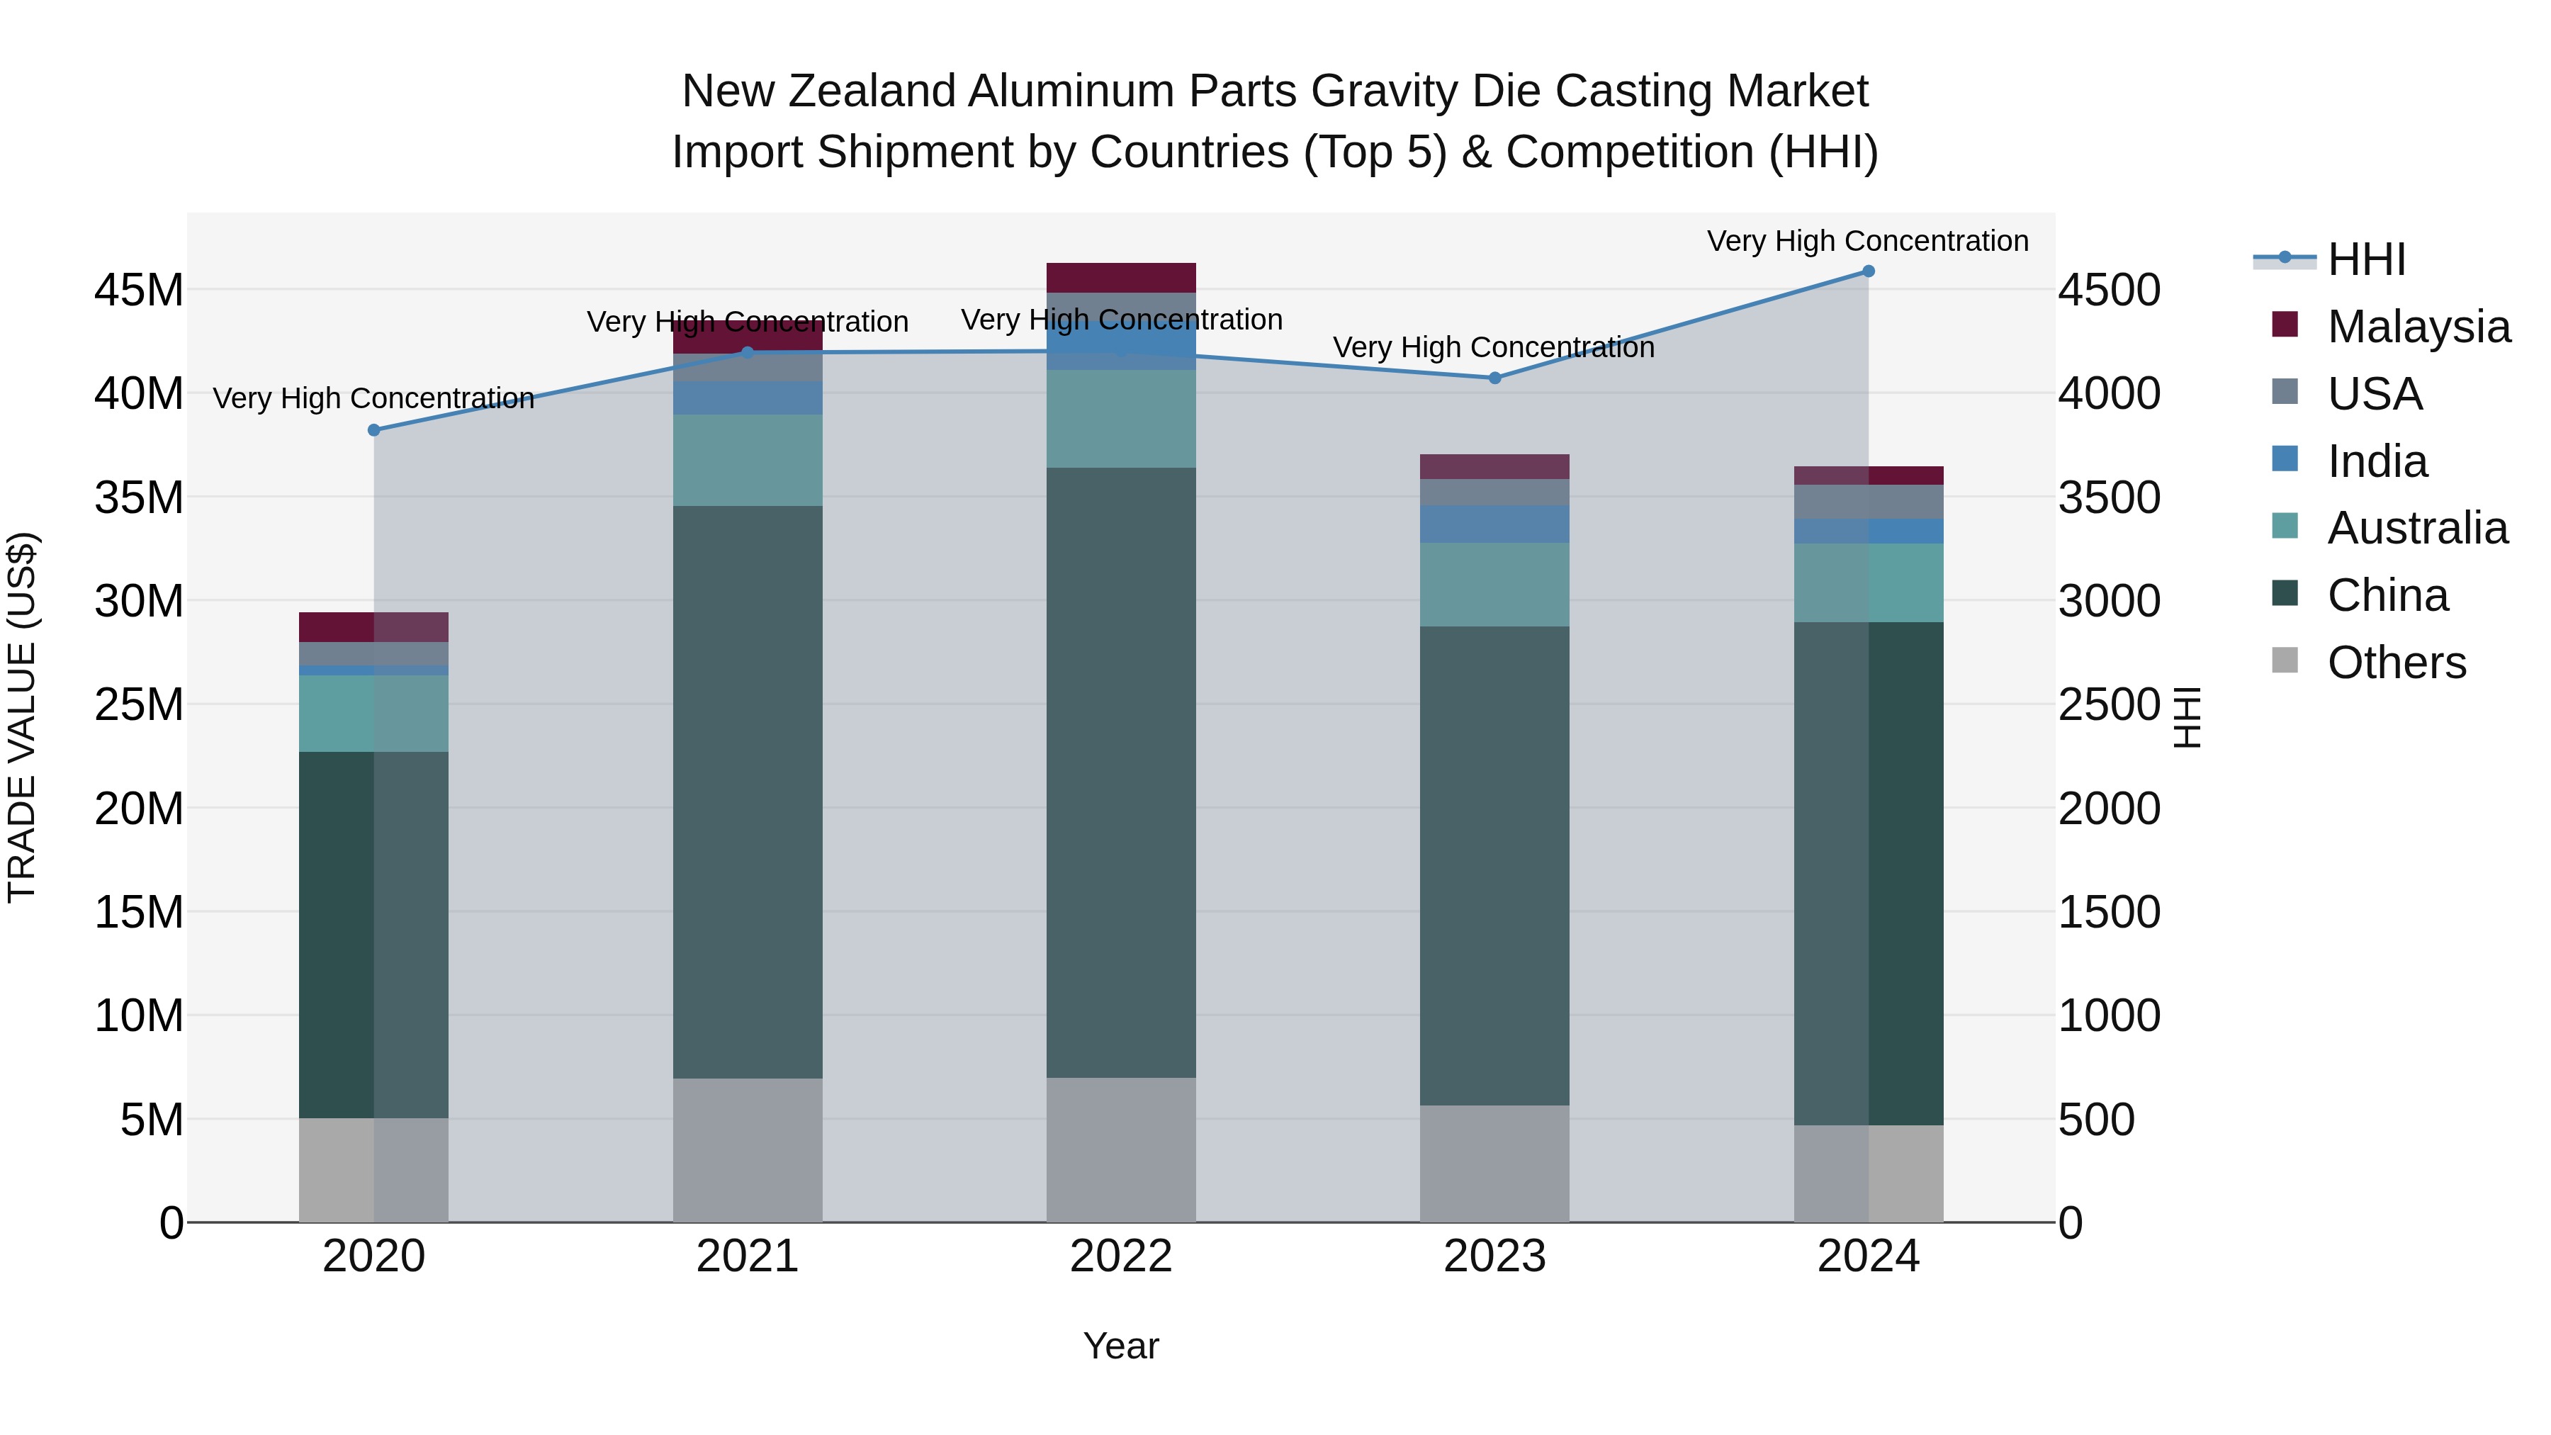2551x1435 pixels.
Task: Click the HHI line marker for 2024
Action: [x=1868, y=271]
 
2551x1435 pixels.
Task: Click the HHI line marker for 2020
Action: [x=374, y=430]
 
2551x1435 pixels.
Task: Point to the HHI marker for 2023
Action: [x=1494, y=378]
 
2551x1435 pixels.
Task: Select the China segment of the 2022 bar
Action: [x=1121, y=772]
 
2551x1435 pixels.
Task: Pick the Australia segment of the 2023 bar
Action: [x=1494, y=585]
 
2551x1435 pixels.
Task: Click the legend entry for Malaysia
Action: [x=2416, y=327]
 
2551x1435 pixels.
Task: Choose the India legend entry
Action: [x=2377, y=461]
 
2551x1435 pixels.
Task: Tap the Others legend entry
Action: [x=2396, y=663]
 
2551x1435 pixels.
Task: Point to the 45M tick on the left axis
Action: [x=139, y=290]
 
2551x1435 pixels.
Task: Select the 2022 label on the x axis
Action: [x=1121, y=1256]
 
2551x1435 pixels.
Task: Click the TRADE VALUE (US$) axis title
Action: [x=22, y=717]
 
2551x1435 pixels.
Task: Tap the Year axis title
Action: [x=1121, y=1346]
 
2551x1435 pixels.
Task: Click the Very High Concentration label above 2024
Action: [x=1868, y=241]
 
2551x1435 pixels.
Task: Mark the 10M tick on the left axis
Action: [x=139, y=1015]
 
